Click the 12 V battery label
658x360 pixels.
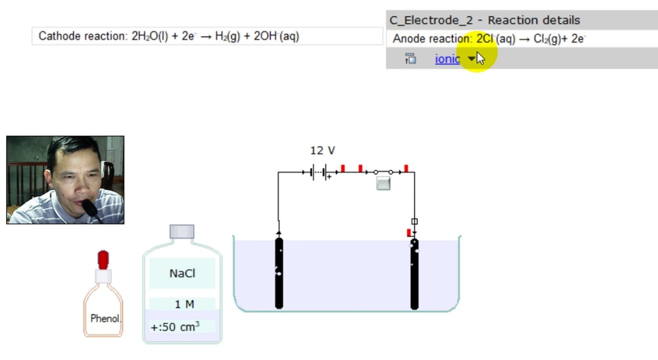pyautogui.click(x=323, y=150)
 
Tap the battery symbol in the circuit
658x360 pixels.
pyautogui.click(x=319, y=172)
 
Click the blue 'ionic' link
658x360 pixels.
pyautogui.click(x=447, y=59)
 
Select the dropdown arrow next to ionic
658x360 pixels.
pyautogui.click(x=471, y=58)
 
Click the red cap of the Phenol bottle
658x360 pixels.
pyautogui.click(x=103, y=260)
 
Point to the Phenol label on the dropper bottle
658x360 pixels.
pyautogui.click(x=105, y=318)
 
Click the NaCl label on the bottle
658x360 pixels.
pyautogui.click(x=182, y=273)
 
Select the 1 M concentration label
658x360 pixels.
pyautogui.click(x=184, y=304)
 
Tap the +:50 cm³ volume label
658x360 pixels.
pyautogui.click(x=175, y=326)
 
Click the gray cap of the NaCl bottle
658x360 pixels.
pyautogui.click(x=182, y=231)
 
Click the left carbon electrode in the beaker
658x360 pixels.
pyautogui.click(x=279, y=273)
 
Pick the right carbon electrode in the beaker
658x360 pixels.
pyautogui.click(x=414, y=274)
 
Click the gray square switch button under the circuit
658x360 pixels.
pyautogui.click(x=383, y=183)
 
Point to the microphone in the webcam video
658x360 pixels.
pyautogui.click(x=90, y=208)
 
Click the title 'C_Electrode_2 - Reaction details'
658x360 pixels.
pyautogui.click(x=485, y=20)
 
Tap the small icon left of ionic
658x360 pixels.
pyautogui.click(x=410, y=58)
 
